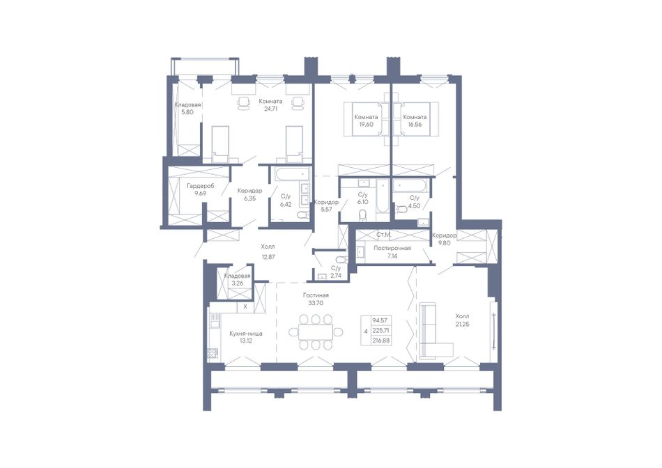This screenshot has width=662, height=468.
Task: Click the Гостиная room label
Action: click(x=316, y=295)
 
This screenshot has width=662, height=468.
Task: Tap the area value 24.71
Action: click(x=270, y=109)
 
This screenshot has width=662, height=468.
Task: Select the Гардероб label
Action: click(x=201, y=186)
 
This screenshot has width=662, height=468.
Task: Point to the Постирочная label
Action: click(x=392, y=248)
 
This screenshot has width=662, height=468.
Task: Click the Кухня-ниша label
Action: click(x=246, y=334)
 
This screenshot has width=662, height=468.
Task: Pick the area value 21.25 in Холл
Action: click(x=462, y=324)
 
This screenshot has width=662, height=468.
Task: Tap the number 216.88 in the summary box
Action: click(x=380, y=340)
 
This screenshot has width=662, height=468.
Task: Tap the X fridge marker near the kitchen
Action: click(x=245, y=307)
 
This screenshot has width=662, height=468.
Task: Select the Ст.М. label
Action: click(x=383, y=234)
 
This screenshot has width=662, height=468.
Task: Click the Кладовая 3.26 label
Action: click(x=237, y=279)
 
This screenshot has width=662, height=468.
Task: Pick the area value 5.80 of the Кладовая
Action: click(x=187, y=112)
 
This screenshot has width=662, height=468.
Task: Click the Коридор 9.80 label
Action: click(x=444, y=240)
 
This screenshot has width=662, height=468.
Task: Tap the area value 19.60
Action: click(x=366, y=125)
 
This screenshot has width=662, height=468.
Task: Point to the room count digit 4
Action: click(x=366, y=331)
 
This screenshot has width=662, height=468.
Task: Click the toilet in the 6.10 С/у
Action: click(x=362, y=216)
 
